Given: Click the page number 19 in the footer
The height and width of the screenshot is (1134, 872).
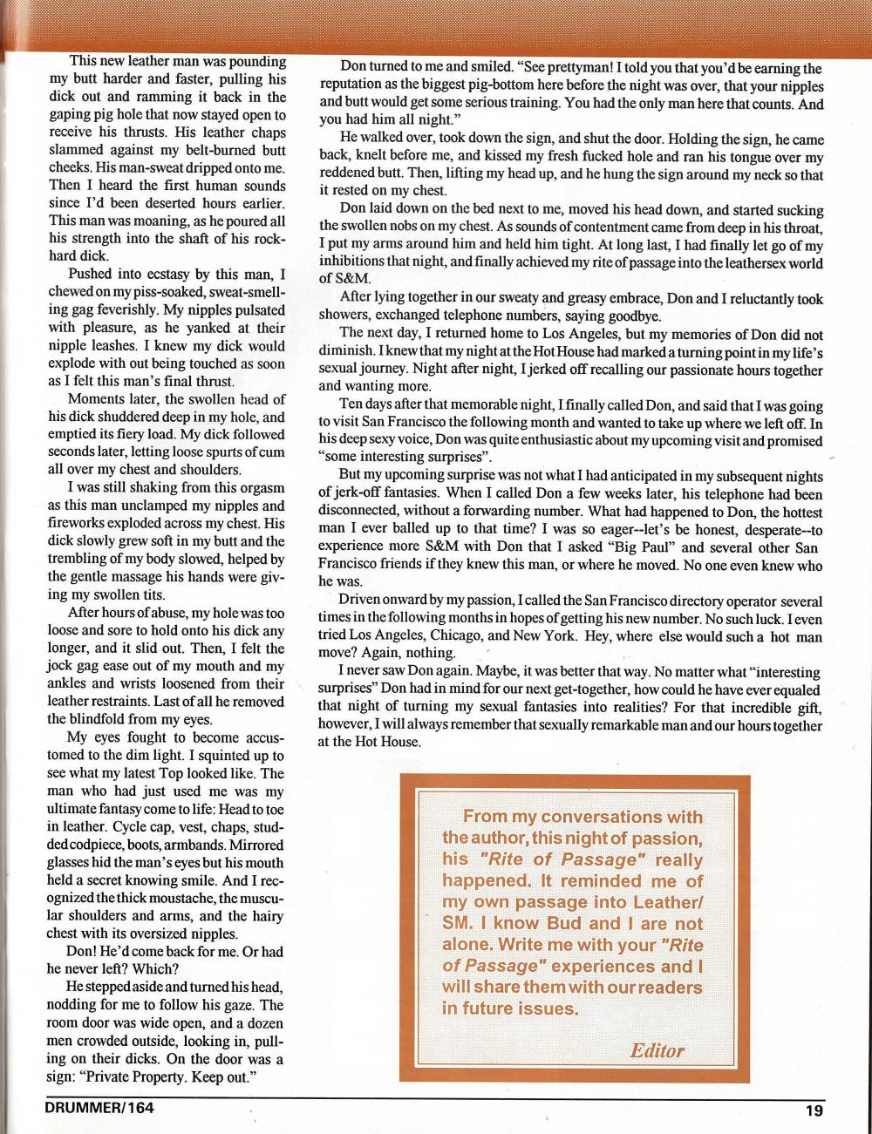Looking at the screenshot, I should tap(814, 1110).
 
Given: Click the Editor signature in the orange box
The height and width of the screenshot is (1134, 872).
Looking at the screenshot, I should tap(657, 1050).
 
